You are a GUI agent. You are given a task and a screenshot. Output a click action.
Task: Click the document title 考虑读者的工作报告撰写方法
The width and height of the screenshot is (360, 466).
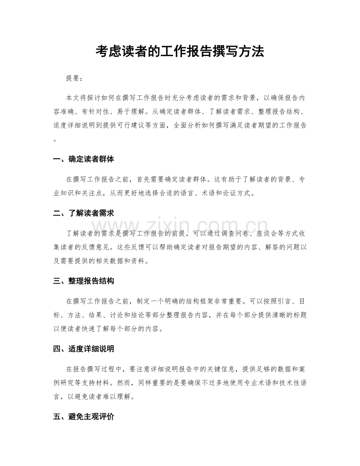pos(180,51)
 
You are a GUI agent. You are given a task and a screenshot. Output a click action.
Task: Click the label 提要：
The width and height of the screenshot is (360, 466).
pos(74,78)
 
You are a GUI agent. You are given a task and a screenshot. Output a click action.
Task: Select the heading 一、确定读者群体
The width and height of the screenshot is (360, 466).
pos(83,160)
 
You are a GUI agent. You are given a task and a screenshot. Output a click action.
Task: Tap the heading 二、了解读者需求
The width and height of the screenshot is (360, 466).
pos(83,213)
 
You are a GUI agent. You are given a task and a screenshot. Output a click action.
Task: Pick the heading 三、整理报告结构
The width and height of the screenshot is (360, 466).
pos(83,281)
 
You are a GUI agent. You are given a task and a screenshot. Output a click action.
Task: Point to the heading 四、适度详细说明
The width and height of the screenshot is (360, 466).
pos(83,349)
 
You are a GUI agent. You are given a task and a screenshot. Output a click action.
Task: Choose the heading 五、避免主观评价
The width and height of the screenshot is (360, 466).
pos(83,417)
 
